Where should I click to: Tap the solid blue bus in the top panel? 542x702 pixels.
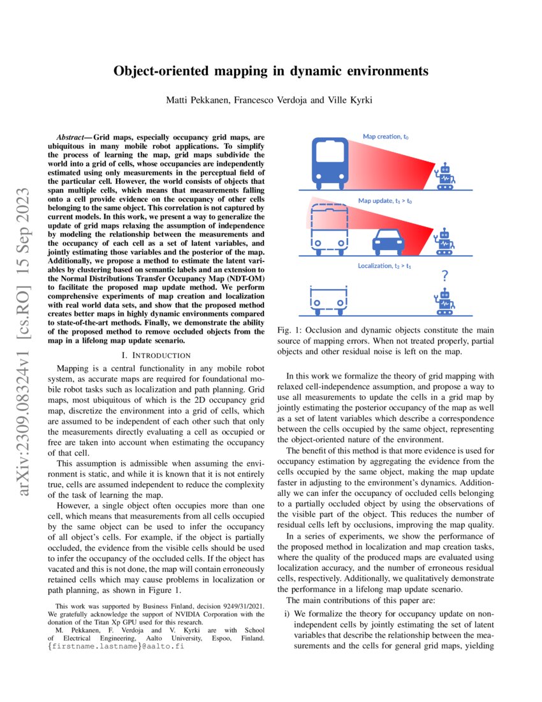click(330, 160)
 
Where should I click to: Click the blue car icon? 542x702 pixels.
click(388, 241)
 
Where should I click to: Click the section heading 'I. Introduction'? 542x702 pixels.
click(160, 354)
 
